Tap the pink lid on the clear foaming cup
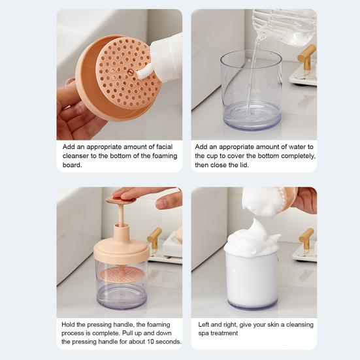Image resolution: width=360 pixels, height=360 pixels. point(122,249)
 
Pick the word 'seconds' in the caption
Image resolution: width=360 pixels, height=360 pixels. point(169,341)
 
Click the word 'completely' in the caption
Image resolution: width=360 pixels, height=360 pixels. point(297,156)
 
